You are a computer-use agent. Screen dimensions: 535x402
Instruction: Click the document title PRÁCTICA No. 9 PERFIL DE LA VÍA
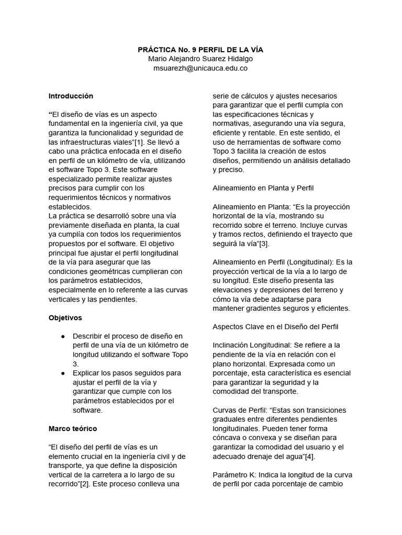click(x=200, y=50)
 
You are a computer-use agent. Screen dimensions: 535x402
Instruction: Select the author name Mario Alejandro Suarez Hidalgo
click(x=200, y=59)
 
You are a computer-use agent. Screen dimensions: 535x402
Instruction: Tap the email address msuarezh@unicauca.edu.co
click(x=200, y=68)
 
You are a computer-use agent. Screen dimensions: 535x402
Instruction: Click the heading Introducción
click(x=71, y=96)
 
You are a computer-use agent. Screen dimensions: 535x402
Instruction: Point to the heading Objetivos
click(x=65, y=318)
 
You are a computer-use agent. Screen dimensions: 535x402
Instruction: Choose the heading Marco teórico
click(x=73, y=428)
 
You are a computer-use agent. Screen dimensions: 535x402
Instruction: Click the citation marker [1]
click(x=140, y=142)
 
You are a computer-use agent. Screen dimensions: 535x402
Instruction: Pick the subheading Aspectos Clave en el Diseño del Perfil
click(x=275, y=327)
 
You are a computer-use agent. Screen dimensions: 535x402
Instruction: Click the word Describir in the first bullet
click(x=88, y=336)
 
